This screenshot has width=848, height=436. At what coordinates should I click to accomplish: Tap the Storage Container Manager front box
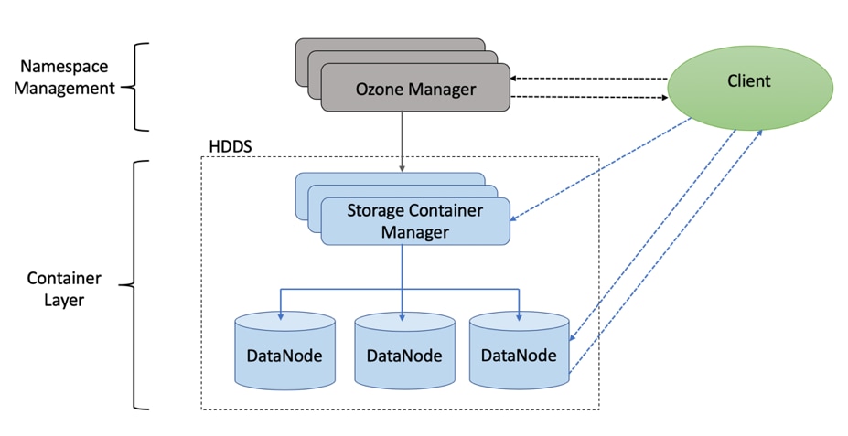(414, 221)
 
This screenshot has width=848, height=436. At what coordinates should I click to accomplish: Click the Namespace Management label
(63, 78)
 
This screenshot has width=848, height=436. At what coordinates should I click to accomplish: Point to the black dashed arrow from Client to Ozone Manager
(590, 79)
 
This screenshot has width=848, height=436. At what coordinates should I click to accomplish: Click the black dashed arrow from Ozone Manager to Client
(590, 96)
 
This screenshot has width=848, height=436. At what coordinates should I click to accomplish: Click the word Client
(749, 81)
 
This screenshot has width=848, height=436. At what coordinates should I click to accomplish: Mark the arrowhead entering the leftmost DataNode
(281, 316)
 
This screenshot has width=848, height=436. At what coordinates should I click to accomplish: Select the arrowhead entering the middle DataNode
(403, 316)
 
